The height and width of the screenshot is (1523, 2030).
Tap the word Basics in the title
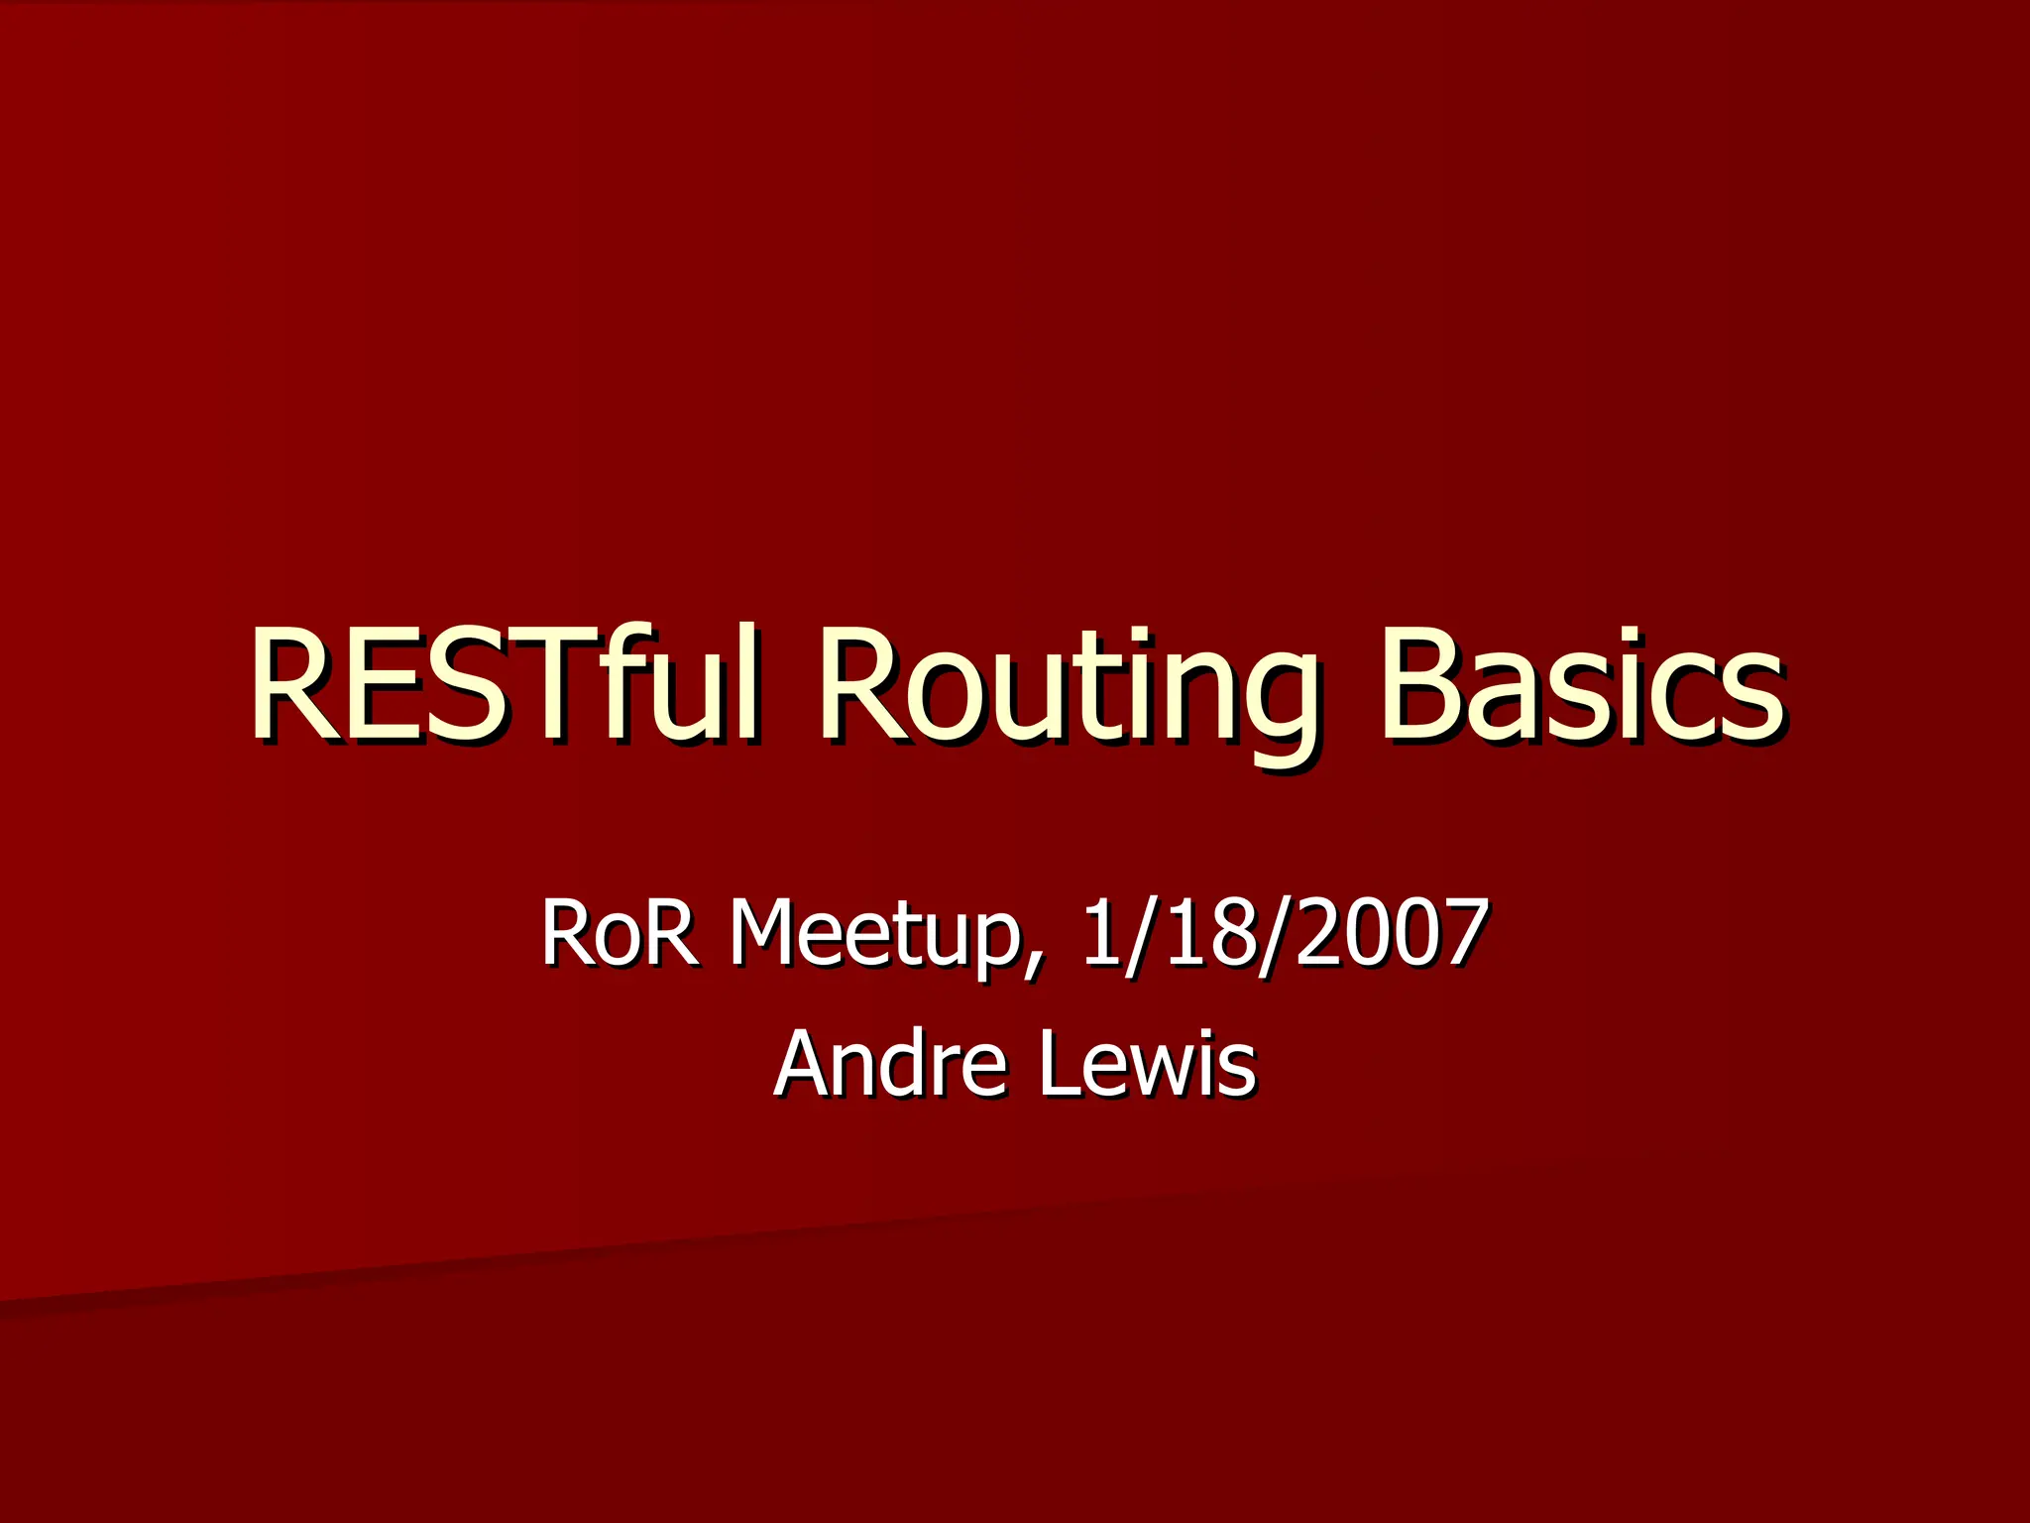pos(1580,684)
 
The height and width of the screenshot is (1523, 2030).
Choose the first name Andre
pos(888,1064)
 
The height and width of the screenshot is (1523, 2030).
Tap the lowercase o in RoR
pos(620,942)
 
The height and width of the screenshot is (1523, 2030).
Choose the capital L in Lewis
pos(1059,1064)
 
